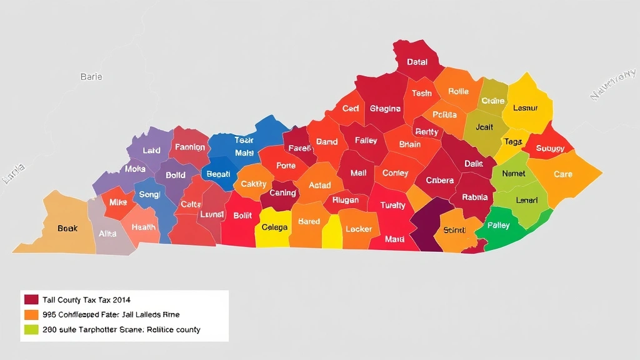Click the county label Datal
[417, 62]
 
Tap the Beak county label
[67, 228]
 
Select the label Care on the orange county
[563, 174]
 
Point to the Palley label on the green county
[498, 225]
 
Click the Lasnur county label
[525, 107]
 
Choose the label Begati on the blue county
[218, 174]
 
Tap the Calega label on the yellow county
[274, 227]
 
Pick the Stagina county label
[385, 109]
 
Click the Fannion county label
[190, 147]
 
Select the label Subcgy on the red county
[550, 149]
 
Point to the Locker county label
[359, 229]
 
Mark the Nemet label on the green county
[514, 173]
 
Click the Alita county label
[107, 233]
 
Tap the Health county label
[144, 227]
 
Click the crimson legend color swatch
[31, 300]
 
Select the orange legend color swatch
[31, 314]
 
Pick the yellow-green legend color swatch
[31, 329]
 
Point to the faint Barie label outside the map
[91, 77]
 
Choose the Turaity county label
[392, 205]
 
